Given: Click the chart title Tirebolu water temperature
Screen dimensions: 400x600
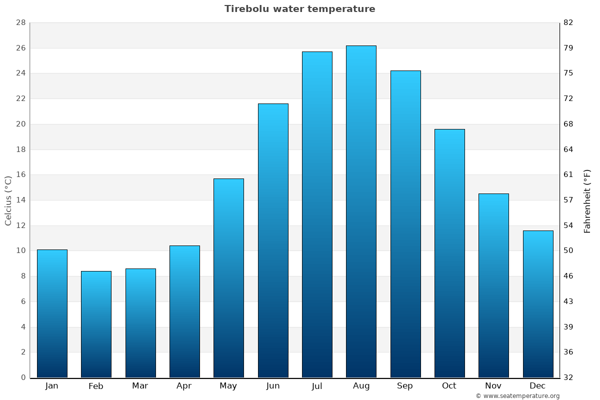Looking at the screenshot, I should click(299, 9).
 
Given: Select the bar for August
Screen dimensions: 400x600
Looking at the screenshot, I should click(361, 211).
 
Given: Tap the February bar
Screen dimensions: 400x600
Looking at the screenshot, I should click(96, 324).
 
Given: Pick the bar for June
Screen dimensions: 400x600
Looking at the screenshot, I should click(273, 240).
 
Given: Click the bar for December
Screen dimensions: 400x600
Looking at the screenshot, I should click(537, 304).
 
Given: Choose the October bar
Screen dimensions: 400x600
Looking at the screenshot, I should click(449, 253).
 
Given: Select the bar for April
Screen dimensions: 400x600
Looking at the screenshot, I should click(184, 311).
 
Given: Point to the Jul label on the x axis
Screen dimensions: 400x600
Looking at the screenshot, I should click(317, 386).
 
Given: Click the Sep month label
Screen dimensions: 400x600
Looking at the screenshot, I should click(405, 386).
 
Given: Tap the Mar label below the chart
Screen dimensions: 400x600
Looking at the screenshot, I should click(140, 386).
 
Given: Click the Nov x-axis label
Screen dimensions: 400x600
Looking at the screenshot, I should click(493, 386).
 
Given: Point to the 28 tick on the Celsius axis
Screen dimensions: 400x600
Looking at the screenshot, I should click(20, 23).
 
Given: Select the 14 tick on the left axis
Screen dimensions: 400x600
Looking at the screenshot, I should click(20, 200).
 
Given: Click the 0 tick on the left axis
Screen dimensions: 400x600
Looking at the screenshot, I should click(23, 377).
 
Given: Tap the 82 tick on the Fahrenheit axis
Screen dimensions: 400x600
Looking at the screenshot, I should click(569, 23).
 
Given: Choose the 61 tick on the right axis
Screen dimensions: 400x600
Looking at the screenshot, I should click(569, 175).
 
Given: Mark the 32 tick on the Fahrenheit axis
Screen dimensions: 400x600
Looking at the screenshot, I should click(569, 377).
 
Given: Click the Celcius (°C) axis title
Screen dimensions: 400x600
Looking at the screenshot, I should click(8, 200).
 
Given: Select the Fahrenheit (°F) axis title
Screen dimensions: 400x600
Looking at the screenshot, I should click(587, 201).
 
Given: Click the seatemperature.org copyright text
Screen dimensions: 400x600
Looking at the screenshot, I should click(517, 396).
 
